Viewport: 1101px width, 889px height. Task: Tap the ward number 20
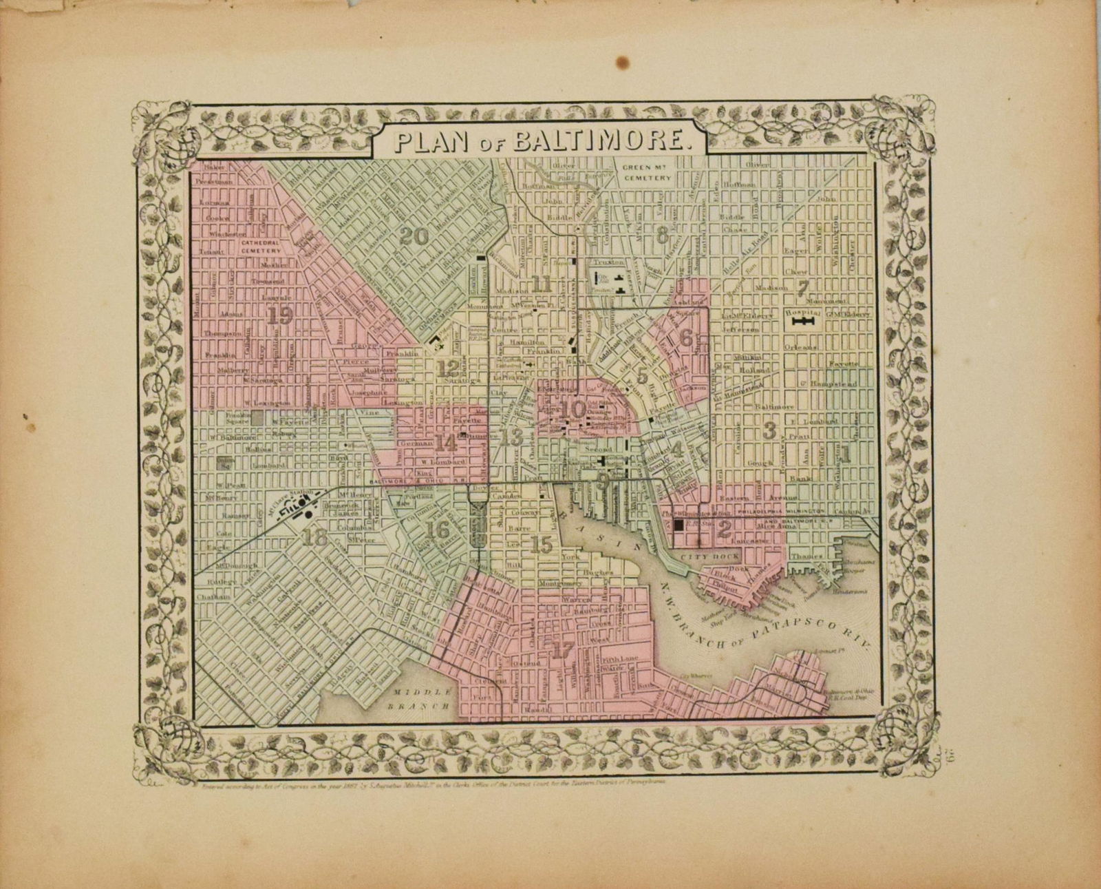click(x=414, y=236)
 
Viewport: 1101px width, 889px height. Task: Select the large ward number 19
click(x=281, y=316)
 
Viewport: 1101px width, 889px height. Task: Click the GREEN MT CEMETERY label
click(x=646, y=172)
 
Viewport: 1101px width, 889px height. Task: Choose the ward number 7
click(x=802, y=289)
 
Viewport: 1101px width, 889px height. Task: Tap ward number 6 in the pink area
click(x=685, y=337)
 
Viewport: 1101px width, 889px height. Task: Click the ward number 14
click(x=446, y=443)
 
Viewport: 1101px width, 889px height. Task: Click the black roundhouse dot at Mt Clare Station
click(x=309, y=514)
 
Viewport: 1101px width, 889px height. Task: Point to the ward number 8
click(x=662, y=236)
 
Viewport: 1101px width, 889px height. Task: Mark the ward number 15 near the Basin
click(x=542, y=545)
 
